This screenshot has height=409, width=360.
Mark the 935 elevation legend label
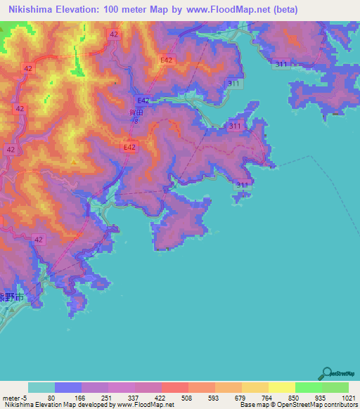(x=318, y=398)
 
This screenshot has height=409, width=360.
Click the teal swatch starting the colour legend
(x=41, y=387)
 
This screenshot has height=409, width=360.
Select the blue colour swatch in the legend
(x=68, y=387)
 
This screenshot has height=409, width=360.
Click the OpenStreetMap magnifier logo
(x=326, y=372)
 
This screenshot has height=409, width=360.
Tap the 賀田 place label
(x=136, y=111)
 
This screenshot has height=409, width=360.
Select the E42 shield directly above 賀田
(x=143, y=100)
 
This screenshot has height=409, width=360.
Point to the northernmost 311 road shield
(x=282, y=64)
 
